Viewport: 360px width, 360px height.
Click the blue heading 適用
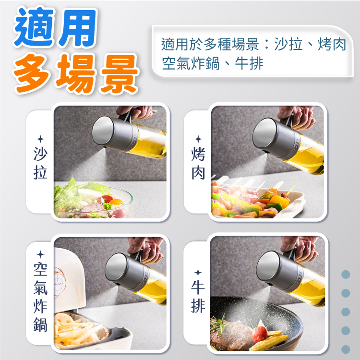(56, 27)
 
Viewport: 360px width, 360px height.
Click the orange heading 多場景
(76, 74)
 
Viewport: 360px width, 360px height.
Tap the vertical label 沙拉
(40, 163)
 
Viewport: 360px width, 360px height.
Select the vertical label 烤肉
(198, 163)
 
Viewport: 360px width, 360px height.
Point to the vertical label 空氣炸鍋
(40, 298)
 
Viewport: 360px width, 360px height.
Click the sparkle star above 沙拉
(41, 139)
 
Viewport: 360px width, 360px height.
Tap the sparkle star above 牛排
(198, 273)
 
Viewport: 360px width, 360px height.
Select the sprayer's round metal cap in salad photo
(103, 130)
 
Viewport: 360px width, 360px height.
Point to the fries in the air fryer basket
(78, 331)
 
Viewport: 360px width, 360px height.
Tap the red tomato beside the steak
(259, 334)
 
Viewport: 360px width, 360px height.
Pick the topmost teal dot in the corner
(346, 275)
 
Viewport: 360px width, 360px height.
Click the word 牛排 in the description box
(249, 63)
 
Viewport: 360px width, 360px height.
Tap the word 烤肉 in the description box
(332, 44)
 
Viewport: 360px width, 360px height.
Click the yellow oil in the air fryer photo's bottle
(154, 291)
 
